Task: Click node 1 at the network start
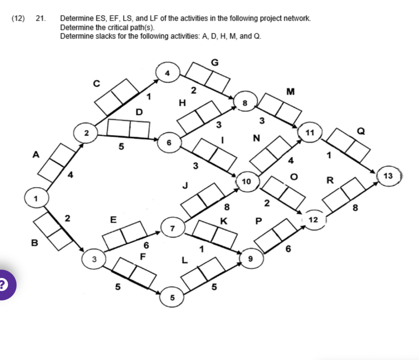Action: (36, 199)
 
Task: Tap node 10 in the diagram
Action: (247, 181)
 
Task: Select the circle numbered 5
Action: (172, 298)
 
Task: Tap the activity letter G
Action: (214, 62)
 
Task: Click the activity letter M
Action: (291, 91)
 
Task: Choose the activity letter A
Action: (36, 154)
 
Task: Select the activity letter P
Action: (258, 221)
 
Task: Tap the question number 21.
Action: (40, 18)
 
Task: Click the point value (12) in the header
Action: (18, 18)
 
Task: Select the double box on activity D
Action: (128, 128)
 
